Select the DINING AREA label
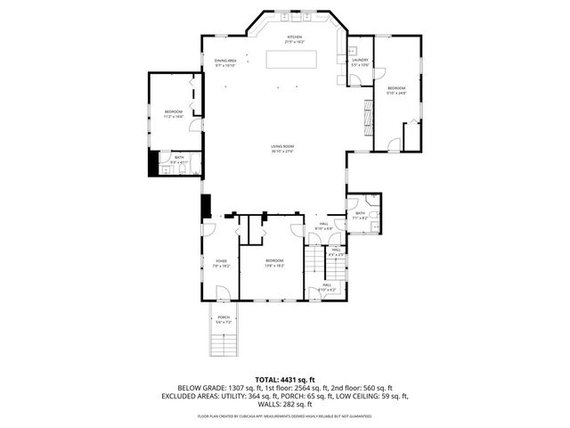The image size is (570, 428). point(224,62)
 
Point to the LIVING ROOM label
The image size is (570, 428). point(283,148)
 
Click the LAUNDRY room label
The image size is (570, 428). point(360,62)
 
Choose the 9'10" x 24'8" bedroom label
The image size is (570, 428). point(396,90)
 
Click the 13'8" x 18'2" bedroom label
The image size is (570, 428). point(273,263)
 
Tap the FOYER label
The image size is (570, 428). point(221,263)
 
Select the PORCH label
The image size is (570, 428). point(224,318)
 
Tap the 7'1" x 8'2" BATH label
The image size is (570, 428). point(360,215)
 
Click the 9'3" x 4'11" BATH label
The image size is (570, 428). point(179,160)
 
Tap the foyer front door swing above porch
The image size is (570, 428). point(224,293)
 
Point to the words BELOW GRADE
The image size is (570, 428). point(199,388)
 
